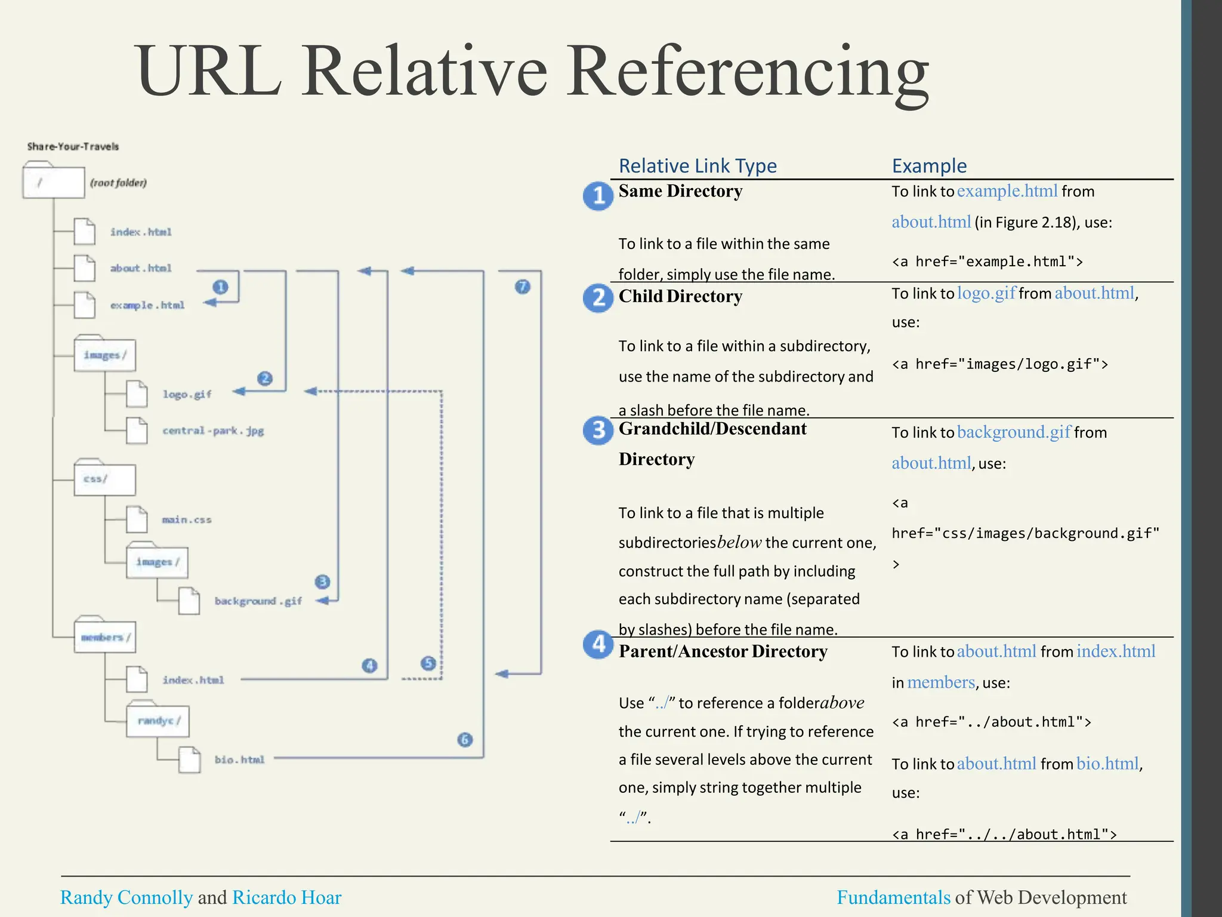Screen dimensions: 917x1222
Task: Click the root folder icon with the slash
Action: (53, 181)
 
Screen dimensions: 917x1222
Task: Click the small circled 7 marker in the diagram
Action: (522, 287)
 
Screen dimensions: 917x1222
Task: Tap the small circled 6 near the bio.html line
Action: (465, 740)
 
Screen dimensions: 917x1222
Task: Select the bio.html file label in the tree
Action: (239, 759)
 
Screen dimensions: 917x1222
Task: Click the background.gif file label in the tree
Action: (258, 601)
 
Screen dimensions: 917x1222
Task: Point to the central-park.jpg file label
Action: (213, 430)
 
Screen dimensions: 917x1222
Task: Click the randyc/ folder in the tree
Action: (158, 721)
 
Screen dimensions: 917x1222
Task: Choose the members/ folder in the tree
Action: (105, 637)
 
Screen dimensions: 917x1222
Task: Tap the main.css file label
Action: (186, 519)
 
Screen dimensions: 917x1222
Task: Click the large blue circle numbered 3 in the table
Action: (598, 430)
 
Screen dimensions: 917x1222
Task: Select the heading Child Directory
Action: (680, 296)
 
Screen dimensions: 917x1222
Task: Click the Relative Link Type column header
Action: (698, 165)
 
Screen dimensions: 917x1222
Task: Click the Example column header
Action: (929, 165)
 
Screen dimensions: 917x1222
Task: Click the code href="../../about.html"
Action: (1004, 834)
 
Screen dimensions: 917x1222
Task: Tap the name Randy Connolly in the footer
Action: (126, 897)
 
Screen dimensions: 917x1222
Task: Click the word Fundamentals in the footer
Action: (893, 897)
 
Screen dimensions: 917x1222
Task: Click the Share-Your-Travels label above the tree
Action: (73, 146)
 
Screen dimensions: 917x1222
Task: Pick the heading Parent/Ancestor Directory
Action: (723, 651)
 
